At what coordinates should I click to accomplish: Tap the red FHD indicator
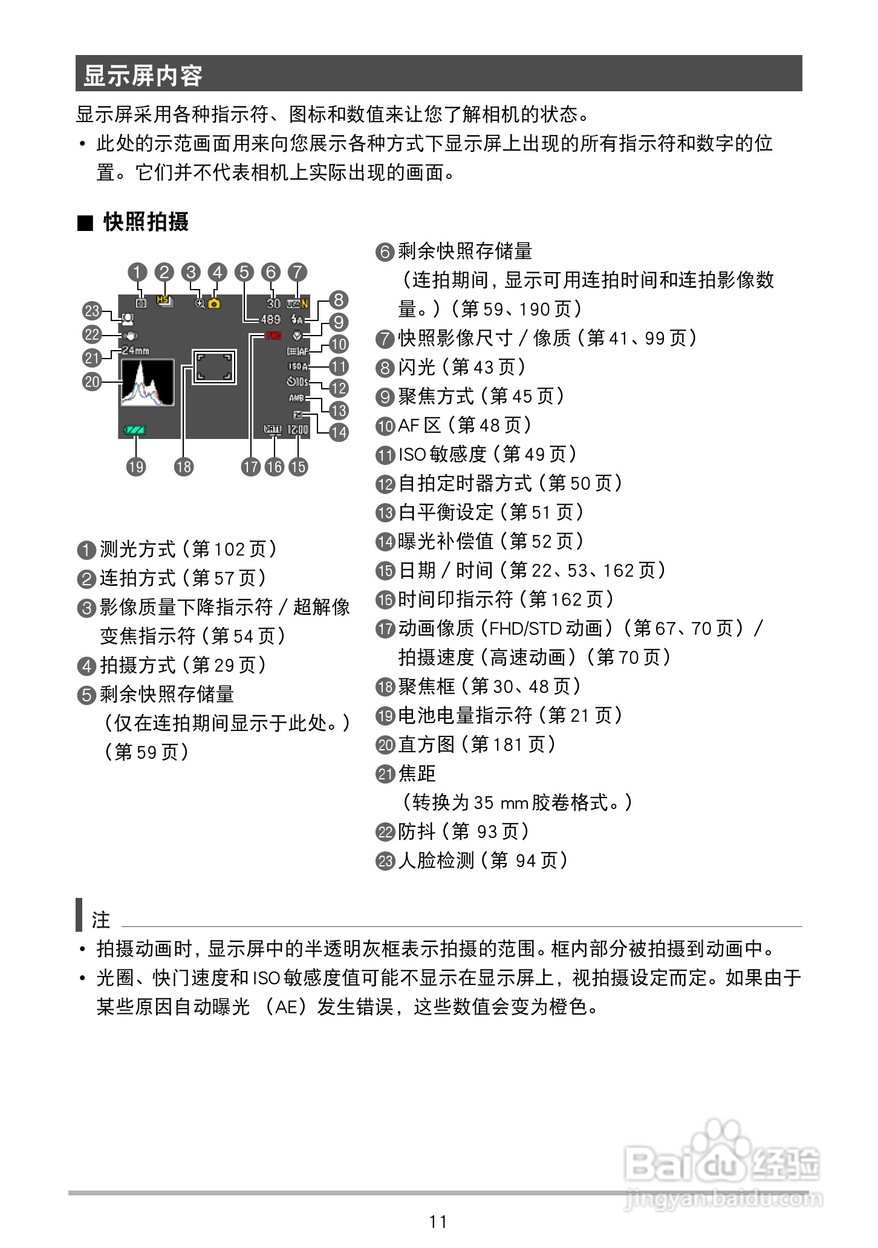click(x=274, y=336)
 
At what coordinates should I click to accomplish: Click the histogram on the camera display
click(x=147, y=383)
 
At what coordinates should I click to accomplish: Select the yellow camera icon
click(x=215, y=304)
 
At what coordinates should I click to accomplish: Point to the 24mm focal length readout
click(x=135, y=351)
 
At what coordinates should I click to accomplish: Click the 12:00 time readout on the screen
click(x=298, y=430)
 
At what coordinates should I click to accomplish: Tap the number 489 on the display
click(x=270, y=319)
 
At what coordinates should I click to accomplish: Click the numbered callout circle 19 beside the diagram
click(x=136, y=466)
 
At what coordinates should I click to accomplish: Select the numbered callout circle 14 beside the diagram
click(x=339, y=432)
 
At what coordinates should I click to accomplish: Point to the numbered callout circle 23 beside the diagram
click(x=92, y=311)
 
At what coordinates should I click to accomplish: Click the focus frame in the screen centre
click(x=213, y=366)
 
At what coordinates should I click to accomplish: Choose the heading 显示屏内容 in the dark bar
click(x=143, y=75)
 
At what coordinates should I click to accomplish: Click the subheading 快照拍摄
click(x=146, y=222)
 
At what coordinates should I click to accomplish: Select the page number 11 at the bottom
click(x=438, y=1221)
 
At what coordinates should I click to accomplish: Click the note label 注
click(x=101, y=920)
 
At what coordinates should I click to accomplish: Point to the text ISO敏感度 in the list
click(x=442, y=454)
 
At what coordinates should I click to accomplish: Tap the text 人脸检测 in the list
click(x=435, y=860)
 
